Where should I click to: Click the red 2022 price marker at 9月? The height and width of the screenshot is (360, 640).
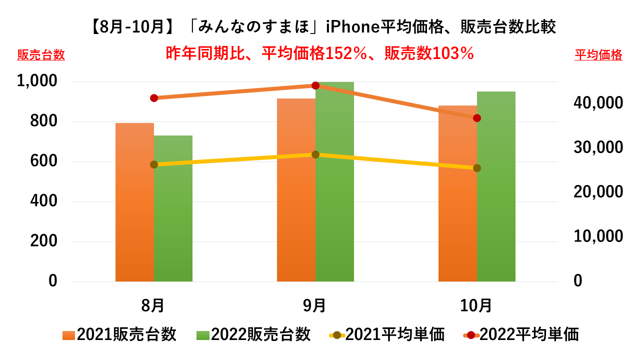(x=315, y=85)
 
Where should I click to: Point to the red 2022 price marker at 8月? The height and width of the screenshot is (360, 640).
(x=154, y=98)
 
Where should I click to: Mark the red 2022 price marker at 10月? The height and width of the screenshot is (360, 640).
(x=477, y=118)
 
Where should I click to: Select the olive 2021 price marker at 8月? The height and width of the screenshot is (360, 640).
(x=154, y=164)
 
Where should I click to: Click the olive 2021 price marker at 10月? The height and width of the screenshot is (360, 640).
(x=477, y=168)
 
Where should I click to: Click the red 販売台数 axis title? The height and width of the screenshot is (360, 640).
(x=41, y=55)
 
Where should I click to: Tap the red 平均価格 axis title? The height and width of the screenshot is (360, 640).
(x=598, y=55)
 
